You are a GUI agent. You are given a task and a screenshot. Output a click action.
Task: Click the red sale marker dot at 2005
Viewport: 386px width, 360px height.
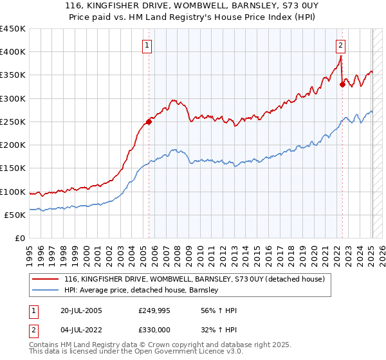149,121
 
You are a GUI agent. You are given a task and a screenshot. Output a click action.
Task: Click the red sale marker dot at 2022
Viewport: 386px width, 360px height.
342,84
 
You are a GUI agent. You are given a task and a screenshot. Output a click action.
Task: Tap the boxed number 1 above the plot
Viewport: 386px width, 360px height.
148,45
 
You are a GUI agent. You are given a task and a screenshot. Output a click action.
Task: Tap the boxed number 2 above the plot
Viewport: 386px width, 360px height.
340,45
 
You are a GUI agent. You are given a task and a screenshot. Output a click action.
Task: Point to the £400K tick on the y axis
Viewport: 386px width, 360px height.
13,52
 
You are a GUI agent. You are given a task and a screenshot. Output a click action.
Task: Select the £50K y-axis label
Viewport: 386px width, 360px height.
15,215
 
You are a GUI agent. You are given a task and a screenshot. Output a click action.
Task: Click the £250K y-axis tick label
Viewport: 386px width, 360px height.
13,122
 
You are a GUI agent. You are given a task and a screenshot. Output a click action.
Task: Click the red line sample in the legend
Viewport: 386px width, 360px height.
46,279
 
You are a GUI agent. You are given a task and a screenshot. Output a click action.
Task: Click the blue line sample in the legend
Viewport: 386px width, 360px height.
46,290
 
